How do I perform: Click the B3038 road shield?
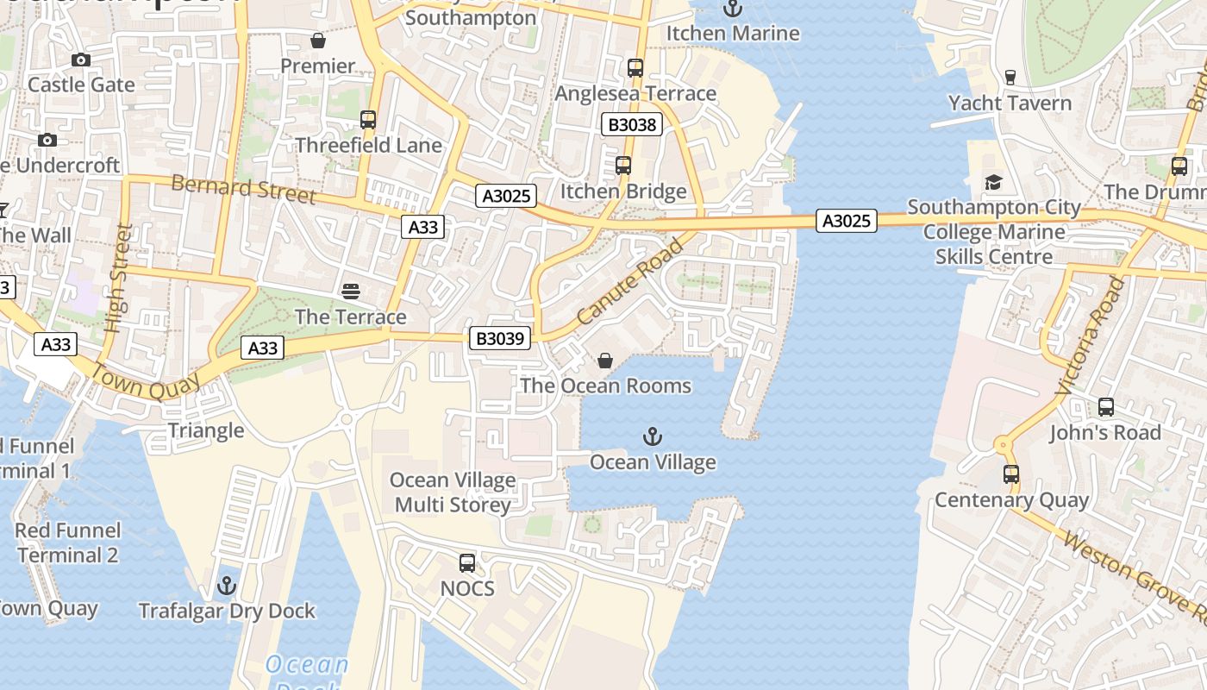pyautogui.click(x=632, y=125)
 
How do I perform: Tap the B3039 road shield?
pyautogui.click(x=500, y=338)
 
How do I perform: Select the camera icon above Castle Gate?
pyautogui.click(x=81, y=60)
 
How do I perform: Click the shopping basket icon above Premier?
pyautogui.click(x=318, y=41)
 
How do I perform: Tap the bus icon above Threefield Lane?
pyautogui.click(x=368, y=120)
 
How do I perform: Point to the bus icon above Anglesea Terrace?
pyautogui.click(x=635, y=68)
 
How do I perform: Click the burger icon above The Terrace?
pyautogui.click(x=350, y=292)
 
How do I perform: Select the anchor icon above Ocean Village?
pyautogui.click(x=653, y=436)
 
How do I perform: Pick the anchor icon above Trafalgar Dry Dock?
pyautogui.click(x=227, y=586)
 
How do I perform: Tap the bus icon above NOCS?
pyautogui.click(x=467, y=563)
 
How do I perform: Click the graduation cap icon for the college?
pyautogui.click(x=993, y=182)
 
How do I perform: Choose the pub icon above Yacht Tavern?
pyautogui.click(x=1010, y=78)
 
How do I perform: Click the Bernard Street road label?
pyautogui.click(x=243, y=188)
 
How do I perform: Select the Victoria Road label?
pyautogui.click(x=1091, y=336)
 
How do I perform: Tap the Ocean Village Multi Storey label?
pyautogui.click(x=453, y=492)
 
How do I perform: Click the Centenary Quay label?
pyautogui.click(x=1011, y=500)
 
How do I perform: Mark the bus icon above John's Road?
pyautogui.click(x=1105, y=406)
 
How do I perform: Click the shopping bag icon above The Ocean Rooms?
pyautogui.click(x=605, y=361)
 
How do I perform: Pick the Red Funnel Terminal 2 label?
pyautogui.click(x=68, y=543)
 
